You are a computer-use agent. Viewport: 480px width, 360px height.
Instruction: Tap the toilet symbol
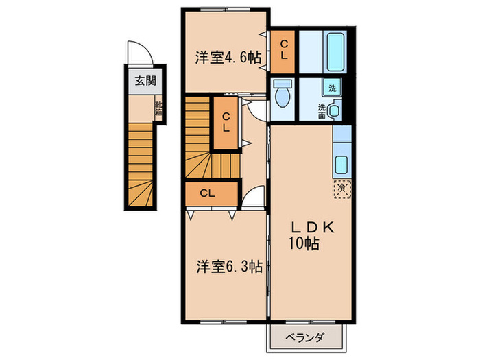(283, 95)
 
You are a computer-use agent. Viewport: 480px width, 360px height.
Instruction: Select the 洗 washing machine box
(333, 88)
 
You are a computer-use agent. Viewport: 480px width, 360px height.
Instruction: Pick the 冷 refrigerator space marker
(341, 186)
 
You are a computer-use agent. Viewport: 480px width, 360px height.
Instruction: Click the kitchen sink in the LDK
(341, 164)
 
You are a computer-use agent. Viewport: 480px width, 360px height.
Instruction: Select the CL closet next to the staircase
(225, 123)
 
